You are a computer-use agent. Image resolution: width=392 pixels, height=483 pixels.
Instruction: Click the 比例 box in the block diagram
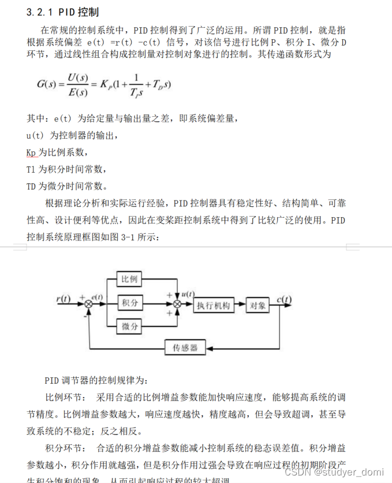click(129, 279)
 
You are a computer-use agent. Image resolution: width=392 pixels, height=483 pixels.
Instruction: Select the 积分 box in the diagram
click(129, 302)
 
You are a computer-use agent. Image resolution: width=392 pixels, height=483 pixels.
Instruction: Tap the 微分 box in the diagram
click(129, 326)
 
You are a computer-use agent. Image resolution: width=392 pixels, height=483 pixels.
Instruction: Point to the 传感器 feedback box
click(185, 348)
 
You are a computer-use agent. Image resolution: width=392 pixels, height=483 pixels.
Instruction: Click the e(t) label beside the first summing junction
click(98, 296)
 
